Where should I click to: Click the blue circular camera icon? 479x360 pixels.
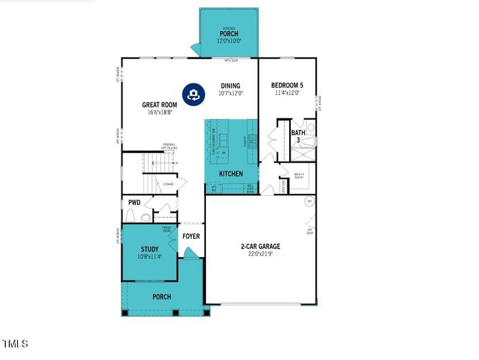pos(193,95)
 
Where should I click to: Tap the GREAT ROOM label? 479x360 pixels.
pos(159,104)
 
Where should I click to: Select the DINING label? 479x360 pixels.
pos(231,86)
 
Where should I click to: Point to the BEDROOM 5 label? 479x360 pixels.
pos(287,86)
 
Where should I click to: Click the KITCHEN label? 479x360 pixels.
pos(231,174)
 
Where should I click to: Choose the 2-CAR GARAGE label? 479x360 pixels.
pos(260,246)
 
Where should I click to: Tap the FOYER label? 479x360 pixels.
pos(191,236)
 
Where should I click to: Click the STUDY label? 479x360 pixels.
pos(150,249)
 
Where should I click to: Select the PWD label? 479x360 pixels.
pos(134,202)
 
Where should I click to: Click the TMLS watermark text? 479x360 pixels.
pos(15,343)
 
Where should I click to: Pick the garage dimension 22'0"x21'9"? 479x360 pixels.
pos(260,254)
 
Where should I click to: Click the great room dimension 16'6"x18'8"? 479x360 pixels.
pos(159,112)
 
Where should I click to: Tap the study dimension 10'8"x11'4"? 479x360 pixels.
pos(150,256)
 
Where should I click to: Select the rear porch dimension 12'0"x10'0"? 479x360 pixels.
pos(229,41)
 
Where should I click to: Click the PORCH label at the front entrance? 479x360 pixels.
pos(162,297)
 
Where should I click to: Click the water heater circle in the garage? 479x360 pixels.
pos(310,201)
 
